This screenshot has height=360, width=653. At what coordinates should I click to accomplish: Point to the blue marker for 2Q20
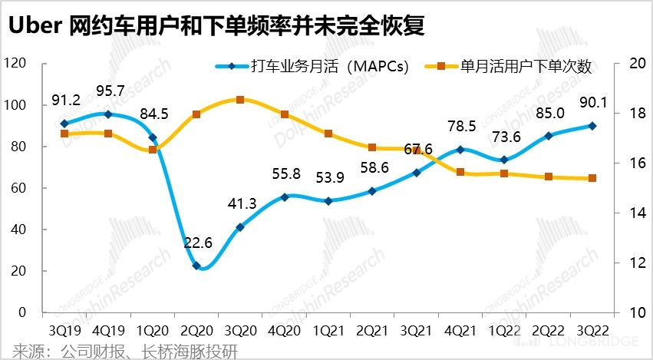coord(196,266)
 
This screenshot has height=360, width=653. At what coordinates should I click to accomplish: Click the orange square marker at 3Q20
coord(240,100)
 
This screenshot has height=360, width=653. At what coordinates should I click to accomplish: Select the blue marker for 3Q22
coord(592,126)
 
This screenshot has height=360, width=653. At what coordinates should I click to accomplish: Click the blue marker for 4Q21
coord(460,150)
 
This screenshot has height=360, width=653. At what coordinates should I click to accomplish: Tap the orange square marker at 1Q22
coord(504,173)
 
